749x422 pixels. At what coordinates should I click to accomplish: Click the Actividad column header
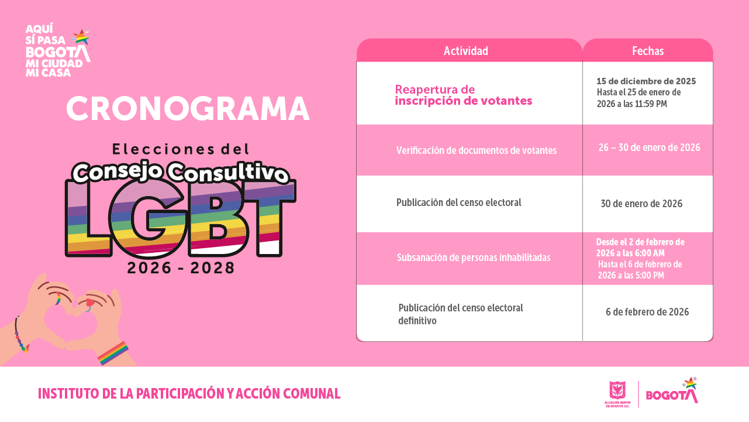point(465,51)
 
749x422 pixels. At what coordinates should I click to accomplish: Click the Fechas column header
point(648,51)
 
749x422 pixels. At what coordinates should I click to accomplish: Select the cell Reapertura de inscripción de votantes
point(463,95)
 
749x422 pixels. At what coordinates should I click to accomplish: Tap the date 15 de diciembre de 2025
point(646,81)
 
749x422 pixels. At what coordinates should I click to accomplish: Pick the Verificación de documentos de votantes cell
point(476,150)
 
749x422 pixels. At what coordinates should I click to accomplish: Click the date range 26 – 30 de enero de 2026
point(649,147)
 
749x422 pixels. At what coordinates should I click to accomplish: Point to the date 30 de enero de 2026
point(641,204)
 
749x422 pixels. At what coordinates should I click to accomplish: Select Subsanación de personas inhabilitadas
point(473,258)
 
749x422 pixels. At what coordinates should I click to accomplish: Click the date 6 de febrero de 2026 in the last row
point(647,312)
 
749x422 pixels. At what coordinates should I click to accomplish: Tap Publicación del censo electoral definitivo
point(460,314)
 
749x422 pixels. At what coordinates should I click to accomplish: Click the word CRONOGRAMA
point(187,109)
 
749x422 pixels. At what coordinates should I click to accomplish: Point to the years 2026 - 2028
point(181,268)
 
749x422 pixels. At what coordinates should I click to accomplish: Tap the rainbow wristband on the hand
point(113,354)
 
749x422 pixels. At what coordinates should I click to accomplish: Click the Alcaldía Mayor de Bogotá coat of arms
point(617,390)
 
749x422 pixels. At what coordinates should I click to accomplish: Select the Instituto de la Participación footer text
point(189,394)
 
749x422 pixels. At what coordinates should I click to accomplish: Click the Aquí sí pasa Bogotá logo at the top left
point(57,51)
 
